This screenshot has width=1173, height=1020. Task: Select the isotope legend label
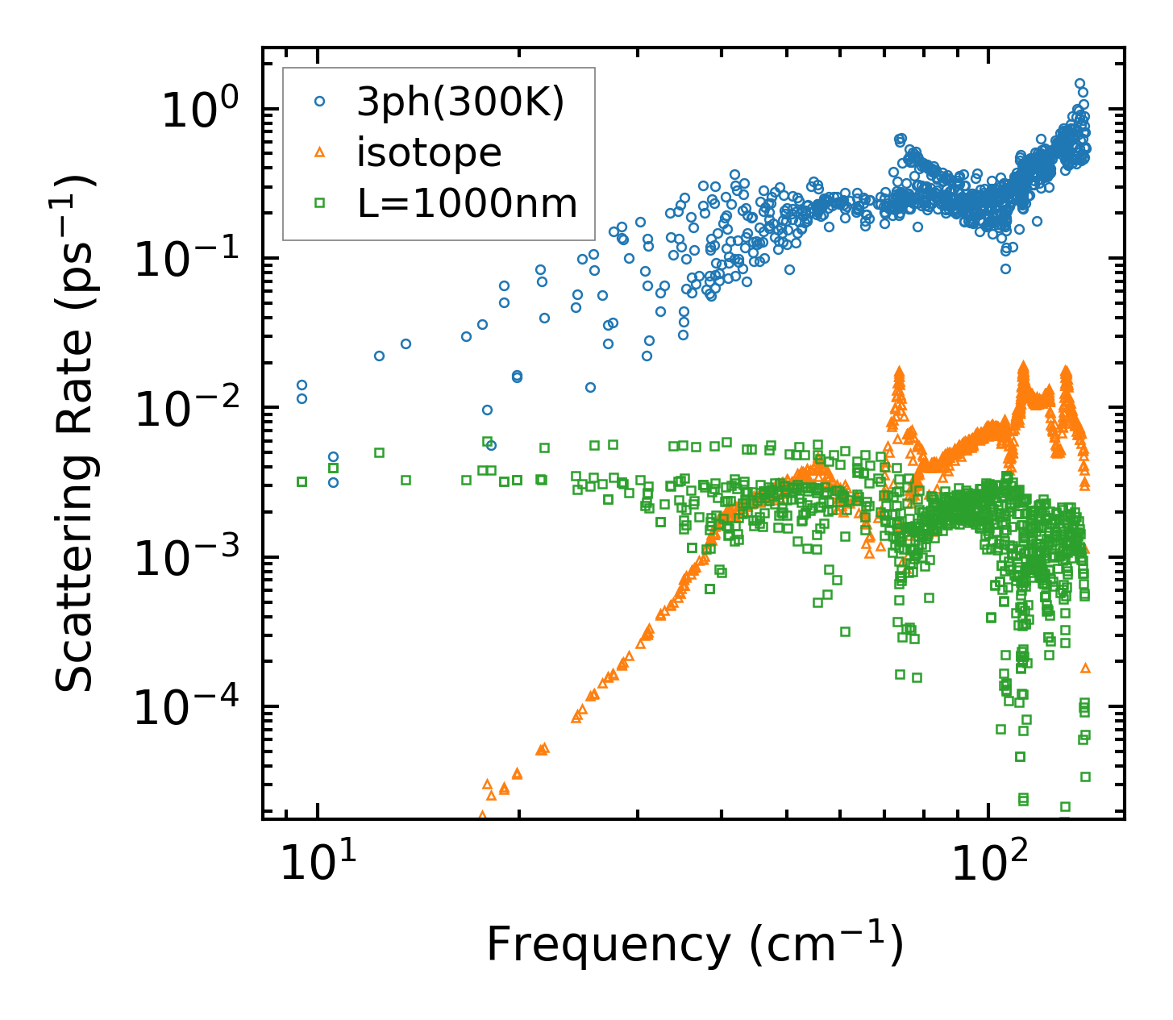[429, 152]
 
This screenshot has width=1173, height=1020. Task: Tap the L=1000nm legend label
[468, 203]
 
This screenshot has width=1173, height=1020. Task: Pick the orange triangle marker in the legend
[320, 152]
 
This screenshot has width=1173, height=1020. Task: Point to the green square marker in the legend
[320, 203]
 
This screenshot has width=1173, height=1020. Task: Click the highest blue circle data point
[1079, 83]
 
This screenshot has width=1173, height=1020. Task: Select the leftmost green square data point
[302, 481]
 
